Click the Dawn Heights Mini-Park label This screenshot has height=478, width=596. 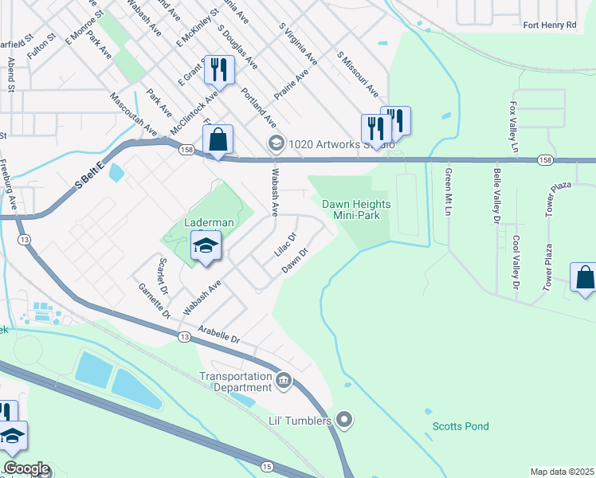click(356, 210)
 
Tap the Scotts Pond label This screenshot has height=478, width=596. click(461, 426)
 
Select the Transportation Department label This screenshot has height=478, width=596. click(236, 382)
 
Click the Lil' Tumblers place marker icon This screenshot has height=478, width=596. click(344, 417)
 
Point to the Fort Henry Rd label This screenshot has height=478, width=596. click(549, 25)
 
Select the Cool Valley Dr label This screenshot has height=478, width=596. click(516, 262)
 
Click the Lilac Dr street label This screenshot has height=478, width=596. click(285, 244)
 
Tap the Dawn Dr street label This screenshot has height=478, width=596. click(295, 261)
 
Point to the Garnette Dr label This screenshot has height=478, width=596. click(155, 301)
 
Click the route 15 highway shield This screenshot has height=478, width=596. click(266, 465)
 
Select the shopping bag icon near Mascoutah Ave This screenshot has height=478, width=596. click(218, 139)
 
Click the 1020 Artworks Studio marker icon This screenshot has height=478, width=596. click(276, 143)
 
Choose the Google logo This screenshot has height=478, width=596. click(26, 468)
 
